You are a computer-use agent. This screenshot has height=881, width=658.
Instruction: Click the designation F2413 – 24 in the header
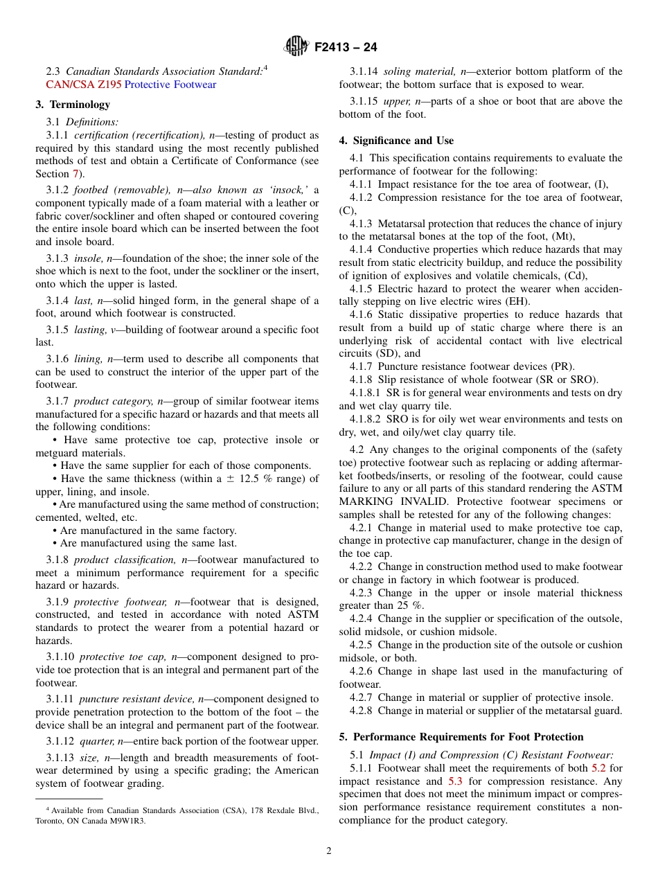pyautogui.click(x=346, y=48)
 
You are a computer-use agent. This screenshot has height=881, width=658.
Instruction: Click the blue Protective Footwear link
pyautogui.click(x=170, y=84)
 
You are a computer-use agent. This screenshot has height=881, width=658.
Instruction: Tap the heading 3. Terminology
pyautogui.click(x=73, y=105)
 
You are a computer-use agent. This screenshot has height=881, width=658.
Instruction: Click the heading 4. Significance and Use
pyautogui.click(x=396, y=141)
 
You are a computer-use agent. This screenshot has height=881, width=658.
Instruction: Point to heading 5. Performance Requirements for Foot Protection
pyautogui.click(x=461, y=737)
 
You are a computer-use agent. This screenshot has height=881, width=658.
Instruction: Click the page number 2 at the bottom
pyautogui.click(x=329, y=851)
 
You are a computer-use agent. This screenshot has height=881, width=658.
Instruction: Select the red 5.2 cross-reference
pyautogui.click(x=598, y=768)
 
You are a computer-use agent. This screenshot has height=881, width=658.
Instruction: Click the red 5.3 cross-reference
pyautogui.click(x=456, y=781)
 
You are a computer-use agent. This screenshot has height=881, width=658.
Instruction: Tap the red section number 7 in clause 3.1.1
pyautogui.click(x=76, y=175)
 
